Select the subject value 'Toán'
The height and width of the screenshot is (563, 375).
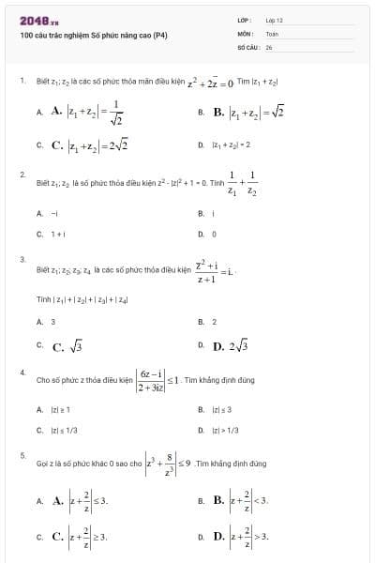tap(273, 33)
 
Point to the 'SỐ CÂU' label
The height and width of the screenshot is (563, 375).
tap(247, 46)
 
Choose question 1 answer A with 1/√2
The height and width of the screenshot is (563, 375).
tap(88, 112)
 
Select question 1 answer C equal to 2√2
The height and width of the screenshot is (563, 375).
tap(89, 145)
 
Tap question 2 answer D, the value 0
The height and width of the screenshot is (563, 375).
tap(215, 234)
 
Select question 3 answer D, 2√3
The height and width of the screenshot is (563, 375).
tap(231, 346)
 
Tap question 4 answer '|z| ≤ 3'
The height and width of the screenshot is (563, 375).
tap(221, 410)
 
